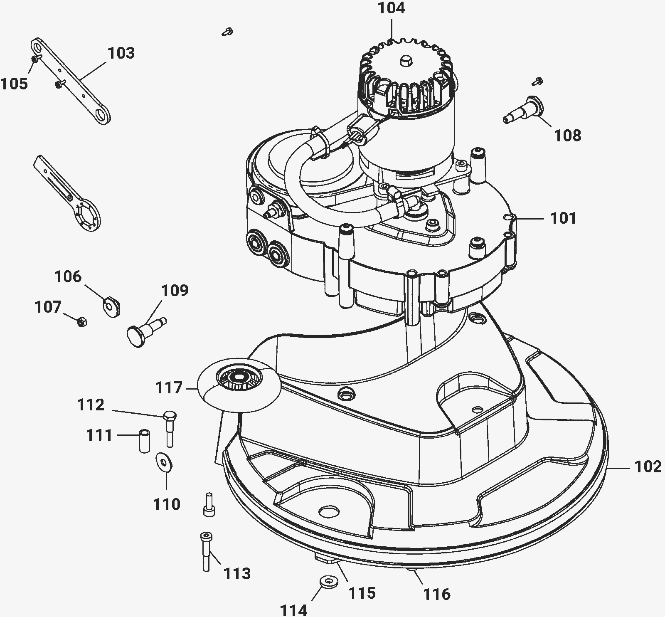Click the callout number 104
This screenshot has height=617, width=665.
(392, 8)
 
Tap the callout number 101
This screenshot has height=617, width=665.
(563, 218)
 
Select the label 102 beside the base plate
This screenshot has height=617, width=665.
(648, 467)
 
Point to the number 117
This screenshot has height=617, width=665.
(169, 388)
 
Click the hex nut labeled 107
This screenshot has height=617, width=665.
(82, 321)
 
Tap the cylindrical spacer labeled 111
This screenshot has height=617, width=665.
(144, 442)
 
